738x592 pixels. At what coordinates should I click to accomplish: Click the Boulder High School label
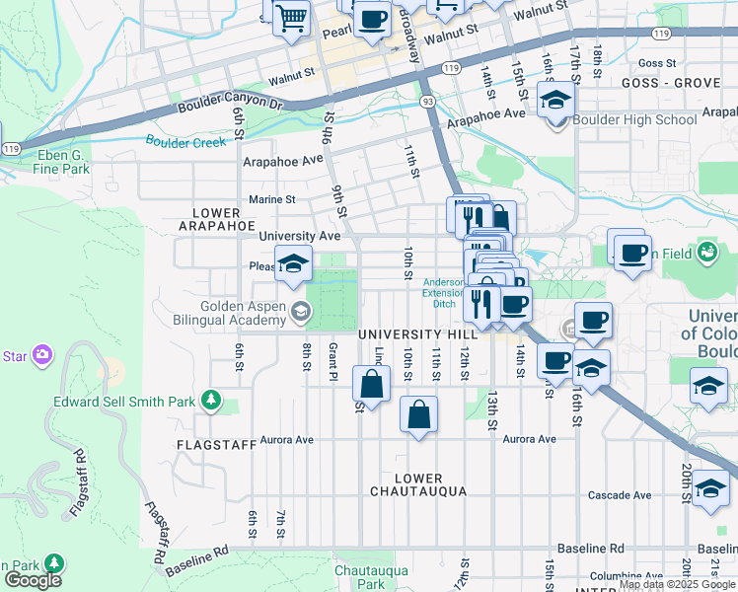635,120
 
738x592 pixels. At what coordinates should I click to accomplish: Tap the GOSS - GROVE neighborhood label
671,84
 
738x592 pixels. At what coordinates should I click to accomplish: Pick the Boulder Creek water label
185,141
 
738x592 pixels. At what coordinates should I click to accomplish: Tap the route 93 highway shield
427,102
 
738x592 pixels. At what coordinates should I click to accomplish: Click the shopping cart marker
292,18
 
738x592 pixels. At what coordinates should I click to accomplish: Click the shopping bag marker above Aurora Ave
418,414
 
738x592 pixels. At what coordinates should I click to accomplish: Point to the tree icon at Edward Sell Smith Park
209,400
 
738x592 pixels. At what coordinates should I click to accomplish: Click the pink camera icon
41,353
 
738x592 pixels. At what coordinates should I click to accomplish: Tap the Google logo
32,579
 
